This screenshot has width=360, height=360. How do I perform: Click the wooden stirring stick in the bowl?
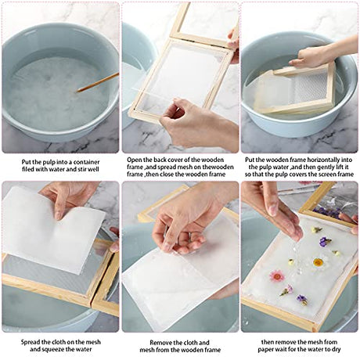[98, 82]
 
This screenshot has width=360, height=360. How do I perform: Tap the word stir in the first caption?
[84, 169]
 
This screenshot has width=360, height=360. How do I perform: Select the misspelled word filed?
[28, 169]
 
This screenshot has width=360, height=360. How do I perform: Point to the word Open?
[134, 160]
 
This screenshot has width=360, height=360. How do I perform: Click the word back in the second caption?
[160, 160]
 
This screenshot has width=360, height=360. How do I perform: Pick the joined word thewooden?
[217, 167]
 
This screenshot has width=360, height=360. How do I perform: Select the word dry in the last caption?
[336, 349]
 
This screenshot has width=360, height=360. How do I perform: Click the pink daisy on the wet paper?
[277, 276]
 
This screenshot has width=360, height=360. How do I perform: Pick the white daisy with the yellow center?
[319, 263]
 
